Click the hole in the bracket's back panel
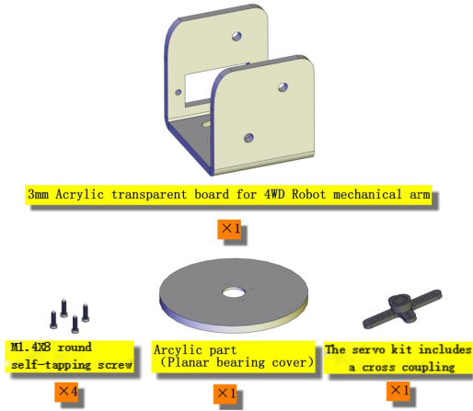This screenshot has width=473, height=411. [x=236, y=36]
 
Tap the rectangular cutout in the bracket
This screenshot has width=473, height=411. [x=202, y=86]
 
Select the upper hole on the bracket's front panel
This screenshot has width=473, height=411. [x=283, y=87]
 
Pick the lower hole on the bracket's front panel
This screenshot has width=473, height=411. [x=248, y=138]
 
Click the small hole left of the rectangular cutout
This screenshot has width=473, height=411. [x=178, y=92]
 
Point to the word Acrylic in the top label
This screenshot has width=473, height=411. [x=79, y=194]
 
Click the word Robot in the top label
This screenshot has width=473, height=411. [x=308, y=194]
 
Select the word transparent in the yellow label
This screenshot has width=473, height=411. [x=149, y=195]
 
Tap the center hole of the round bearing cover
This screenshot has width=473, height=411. [x=234, y=293]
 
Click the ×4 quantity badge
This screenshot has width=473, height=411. [x=66, y=392]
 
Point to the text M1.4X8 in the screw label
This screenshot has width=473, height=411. [x=30, y=347]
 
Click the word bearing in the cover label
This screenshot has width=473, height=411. [x=241, y=362]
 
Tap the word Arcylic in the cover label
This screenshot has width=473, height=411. [x=178, y=349]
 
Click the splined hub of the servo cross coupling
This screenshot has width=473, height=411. [x=400, y=302]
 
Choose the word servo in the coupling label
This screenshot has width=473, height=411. [x=368, y=349]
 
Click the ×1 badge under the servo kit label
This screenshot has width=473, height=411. [x=398, y=391]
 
